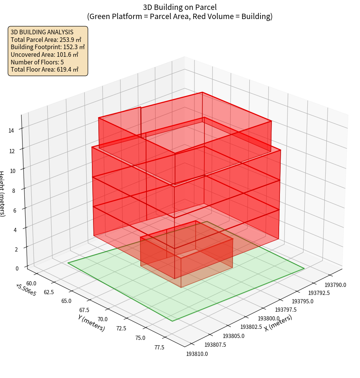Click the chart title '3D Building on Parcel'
click(180, 7)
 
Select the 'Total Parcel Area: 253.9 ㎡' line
click(46, 40)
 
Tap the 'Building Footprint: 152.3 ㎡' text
click(48, 47)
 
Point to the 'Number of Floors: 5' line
click(37, 62)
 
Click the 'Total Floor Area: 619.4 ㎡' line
click(45, 69)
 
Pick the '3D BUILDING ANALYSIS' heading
click(42, 32)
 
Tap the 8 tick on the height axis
click(14, 191)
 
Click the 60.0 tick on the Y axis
click(32, 283)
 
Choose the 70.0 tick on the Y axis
click(103, 319)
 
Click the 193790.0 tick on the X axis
click(335, 285)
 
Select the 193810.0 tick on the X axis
click(197, 354)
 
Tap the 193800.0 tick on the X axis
click(269, 318)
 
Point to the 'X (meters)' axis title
click(278, 323)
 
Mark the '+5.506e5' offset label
click(26, 290)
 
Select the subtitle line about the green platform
click(180, 16)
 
